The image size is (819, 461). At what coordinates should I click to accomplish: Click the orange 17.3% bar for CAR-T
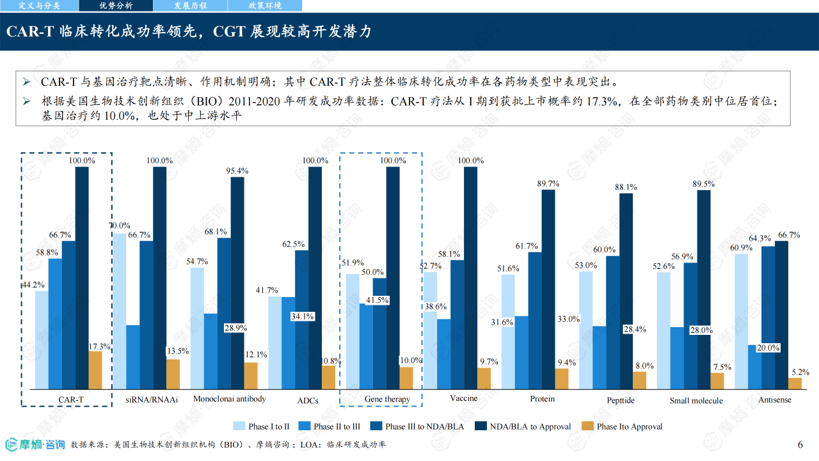coord(95,370)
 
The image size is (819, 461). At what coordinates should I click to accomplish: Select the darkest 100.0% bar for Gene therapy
coord(393,278)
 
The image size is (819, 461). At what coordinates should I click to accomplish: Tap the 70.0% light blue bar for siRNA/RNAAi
coord(119,311)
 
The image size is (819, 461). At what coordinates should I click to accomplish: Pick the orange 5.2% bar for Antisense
coord(795,384)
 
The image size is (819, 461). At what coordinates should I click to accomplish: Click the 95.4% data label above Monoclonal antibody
coord(237,171)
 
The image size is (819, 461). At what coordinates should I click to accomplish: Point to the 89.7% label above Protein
coord(548,184)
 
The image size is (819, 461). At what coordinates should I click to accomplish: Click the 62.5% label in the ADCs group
coord(293,244)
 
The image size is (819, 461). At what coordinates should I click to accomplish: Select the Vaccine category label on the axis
coord(464,398)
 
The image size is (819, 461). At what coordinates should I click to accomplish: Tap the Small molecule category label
coord(696,401)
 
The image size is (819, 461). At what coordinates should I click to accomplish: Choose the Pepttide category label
coord(621,400)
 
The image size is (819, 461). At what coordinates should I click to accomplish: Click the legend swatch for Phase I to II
coord(239,426)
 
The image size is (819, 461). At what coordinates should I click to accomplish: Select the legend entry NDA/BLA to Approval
coord(523,426)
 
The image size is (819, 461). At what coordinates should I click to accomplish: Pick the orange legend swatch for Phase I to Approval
coord(587,426)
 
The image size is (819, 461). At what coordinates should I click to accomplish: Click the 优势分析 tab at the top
coord(116,6)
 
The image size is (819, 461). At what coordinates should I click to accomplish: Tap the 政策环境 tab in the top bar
coord(265,6)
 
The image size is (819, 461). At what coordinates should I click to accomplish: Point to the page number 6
coord(800,444)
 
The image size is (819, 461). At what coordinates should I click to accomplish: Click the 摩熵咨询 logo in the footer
coord(35,444)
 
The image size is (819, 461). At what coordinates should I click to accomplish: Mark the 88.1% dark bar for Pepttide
coord(626,291)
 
